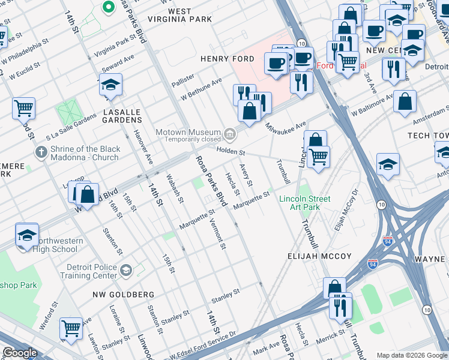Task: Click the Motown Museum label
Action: pos(188,133)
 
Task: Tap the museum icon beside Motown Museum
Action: pos(229,133)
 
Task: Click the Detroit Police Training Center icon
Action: pos(125,270)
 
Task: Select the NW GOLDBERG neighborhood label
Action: pos(124,295)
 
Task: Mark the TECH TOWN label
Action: pos(427,136)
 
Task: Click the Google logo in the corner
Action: pos(20,353)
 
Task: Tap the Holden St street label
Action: pos(231,151)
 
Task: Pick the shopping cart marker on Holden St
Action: pos(318,157)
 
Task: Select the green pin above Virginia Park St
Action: pos(109,7)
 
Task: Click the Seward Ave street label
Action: pos(115,58)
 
